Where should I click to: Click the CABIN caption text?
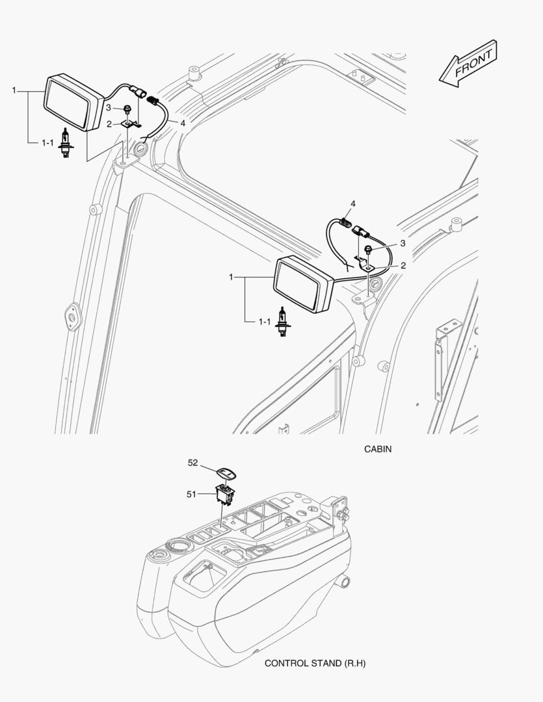coord(378,449)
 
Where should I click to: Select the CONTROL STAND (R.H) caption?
coord(311,664)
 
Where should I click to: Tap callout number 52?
coord(192,463)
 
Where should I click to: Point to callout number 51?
coord(191,495)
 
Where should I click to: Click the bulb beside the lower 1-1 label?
coord(283,321)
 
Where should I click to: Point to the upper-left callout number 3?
coord(109,108)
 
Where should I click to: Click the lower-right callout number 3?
coord(403,242)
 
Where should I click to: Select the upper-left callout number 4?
coord(183,122)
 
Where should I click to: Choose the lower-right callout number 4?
coord(353,204)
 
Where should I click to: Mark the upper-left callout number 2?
coord(109,123)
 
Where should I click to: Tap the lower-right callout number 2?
coord(403,265)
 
